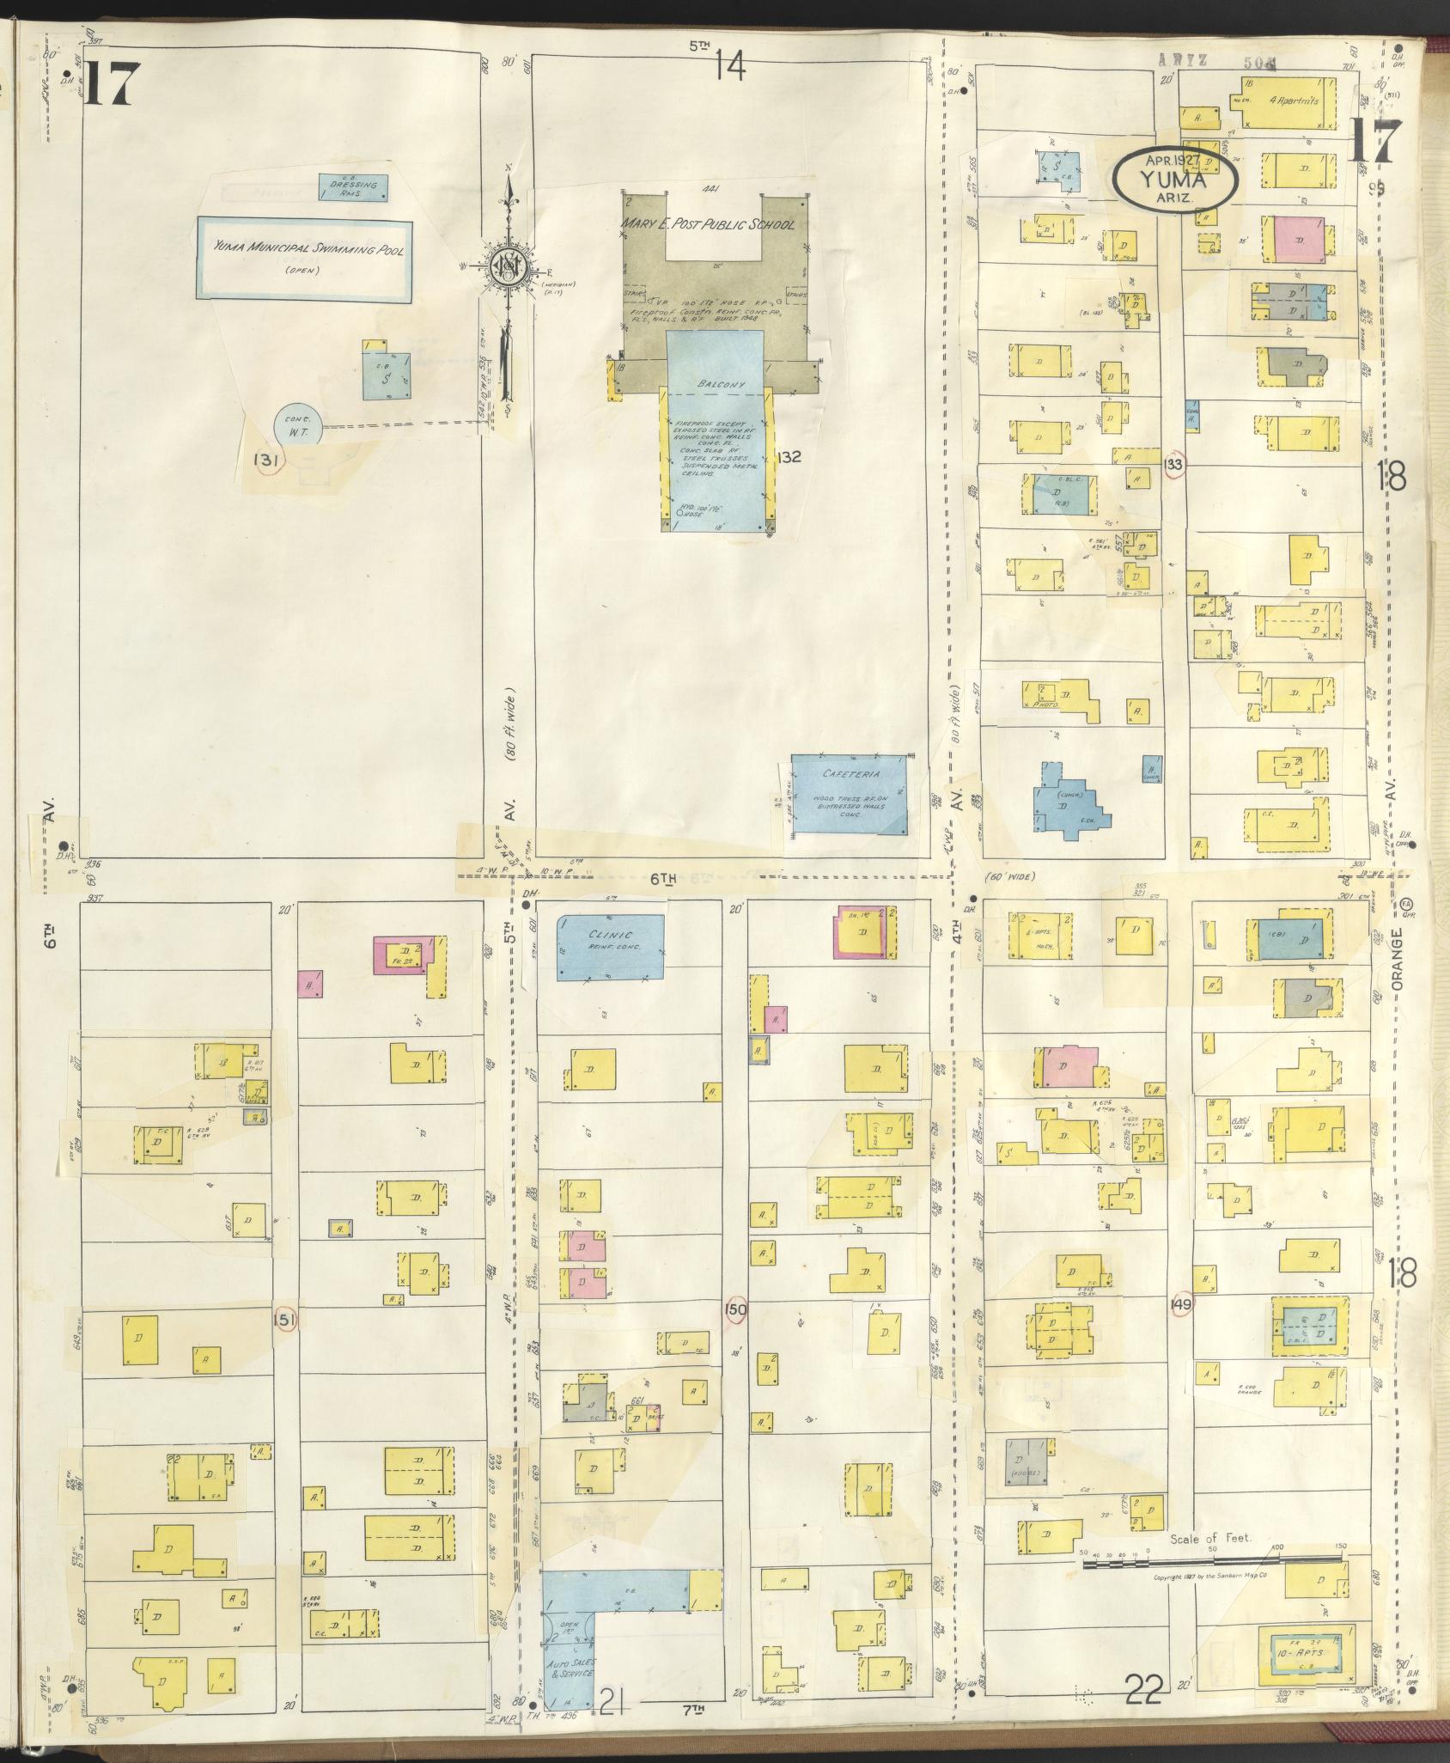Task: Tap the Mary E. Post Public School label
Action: point(709,225)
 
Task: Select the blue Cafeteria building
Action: point(849,795)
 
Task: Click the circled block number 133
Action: point(1174,465)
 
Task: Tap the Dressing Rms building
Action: point(352,187)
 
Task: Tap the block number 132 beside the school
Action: point(787,457)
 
